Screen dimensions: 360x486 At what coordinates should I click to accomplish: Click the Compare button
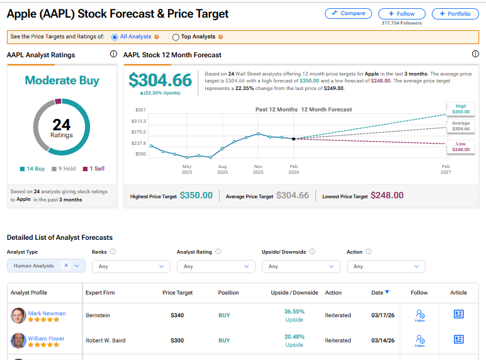coord(348,13)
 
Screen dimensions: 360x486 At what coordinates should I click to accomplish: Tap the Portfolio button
coord(455,13)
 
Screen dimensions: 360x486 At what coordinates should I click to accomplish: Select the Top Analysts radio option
coord(176,37)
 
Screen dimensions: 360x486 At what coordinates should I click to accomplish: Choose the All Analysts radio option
coord(115,37)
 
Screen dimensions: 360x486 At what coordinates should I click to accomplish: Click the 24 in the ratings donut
coord(62,125)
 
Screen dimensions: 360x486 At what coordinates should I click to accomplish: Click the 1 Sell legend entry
coord(94,169)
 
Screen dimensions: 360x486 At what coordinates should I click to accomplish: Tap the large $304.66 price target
coord(160,81)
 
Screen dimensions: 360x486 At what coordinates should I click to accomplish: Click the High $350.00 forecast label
coord(460,109)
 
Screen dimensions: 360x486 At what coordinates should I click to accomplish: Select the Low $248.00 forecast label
coord(460,147)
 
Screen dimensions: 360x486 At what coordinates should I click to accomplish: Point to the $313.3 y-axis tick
coord(138,121)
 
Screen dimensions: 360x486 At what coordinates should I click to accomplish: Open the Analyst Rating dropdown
coord(216,266)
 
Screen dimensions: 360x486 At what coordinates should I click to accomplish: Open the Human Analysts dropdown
coord(46,266)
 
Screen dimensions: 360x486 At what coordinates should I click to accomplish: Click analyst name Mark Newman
coord(47,313)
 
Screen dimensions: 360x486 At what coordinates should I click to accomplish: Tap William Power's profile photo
coord(18,340)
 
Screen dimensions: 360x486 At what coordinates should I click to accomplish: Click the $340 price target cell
coord(177,315)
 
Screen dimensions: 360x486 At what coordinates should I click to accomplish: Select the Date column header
coord(380,293)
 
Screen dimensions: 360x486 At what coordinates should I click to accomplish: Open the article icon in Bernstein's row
coord(458,314)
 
